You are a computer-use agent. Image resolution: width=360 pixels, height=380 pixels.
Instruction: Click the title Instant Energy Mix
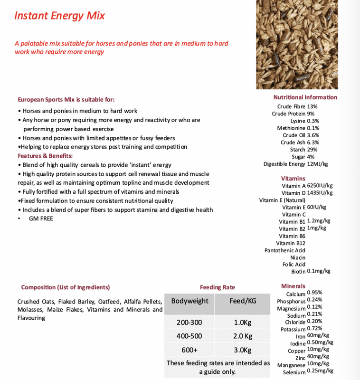click(59, 16)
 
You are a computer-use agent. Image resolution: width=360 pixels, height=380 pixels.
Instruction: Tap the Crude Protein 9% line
click(293, 114)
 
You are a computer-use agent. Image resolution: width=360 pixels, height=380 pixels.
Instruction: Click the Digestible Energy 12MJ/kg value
click(296, 164)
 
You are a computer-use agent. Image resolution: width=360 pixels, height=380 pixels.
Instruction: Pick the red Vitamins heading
click(293, 179)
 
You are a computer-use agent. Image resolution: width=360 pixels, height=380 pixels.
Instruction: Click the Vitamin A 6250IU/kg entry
click(307, 186)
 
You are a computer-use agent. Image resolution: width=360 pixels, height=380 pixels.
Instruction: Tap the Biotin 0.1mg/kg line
click(311, 271)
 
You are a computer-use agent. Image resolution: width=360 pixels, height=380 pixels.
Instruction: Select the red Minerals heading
click(293, 286)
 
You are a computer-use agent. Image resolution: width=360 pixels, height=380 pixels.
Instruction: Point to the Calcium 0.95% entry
click(304, 294)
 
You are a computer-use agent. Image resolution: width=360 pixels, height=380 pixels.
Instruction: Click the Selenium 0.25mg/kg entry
click(308, 371)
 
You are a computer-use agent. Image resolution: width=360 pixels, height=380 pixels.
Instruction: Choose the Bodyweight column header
click(189, 301)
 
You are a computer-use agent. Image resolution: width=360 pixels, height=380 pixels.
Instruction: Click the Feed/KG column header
click(243, 301)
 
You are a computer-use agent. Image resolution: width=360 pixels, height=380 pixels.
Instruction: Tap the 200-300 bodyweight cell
click(189, 323)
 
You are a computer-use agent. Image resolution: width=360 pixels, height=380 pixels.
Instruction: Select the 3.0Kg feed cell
click(243, 350)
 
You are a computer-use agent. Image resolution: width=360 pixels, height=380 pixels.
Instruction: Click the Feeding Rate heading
click(217, 287)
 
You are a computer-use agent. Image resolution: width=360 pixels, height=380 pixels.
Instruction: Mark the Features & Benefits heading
click(45, 156)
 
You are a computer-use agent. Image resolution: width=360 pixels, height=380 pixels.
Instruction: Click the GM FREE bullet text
click(41, 218)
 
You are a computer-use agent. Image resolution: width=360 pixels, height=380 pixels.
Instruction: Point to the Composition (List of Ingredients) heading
click(66, 287)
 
